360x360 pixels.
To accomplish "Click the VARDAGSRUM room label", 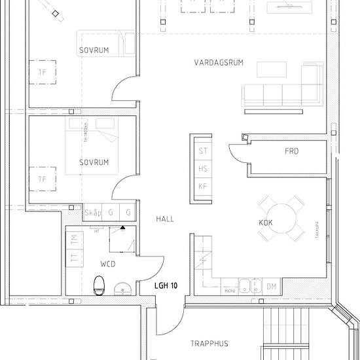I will click(x=219, y=63).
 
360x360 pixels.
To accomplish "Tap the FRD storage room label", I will click(x=291, y=151).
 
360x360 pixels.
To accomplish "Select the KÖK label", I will click(x=266, y=223).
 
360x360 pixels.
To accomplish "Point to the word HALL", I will click(x=165, y=219).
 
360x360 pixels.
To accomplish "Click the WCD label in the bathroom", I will click(x=108, y=264).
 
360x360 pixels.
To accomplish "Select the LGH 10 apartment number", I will click(x=166, y=286).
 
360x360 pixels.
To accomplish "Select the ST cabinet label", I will click(x=203, y=151).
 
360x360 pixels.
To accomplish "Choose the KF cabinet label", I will click(x=203, y=187).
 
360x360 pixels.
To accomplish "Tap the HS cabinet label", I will click(x=203, y=169).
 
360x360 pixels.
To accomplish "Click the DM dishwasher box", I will click(x=271, y=287).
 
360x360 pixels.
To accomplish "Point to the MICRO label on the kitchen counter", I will click(x=229, y=289).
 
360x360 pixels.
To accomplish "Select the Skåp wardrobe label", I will click(x=93, y=213).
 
